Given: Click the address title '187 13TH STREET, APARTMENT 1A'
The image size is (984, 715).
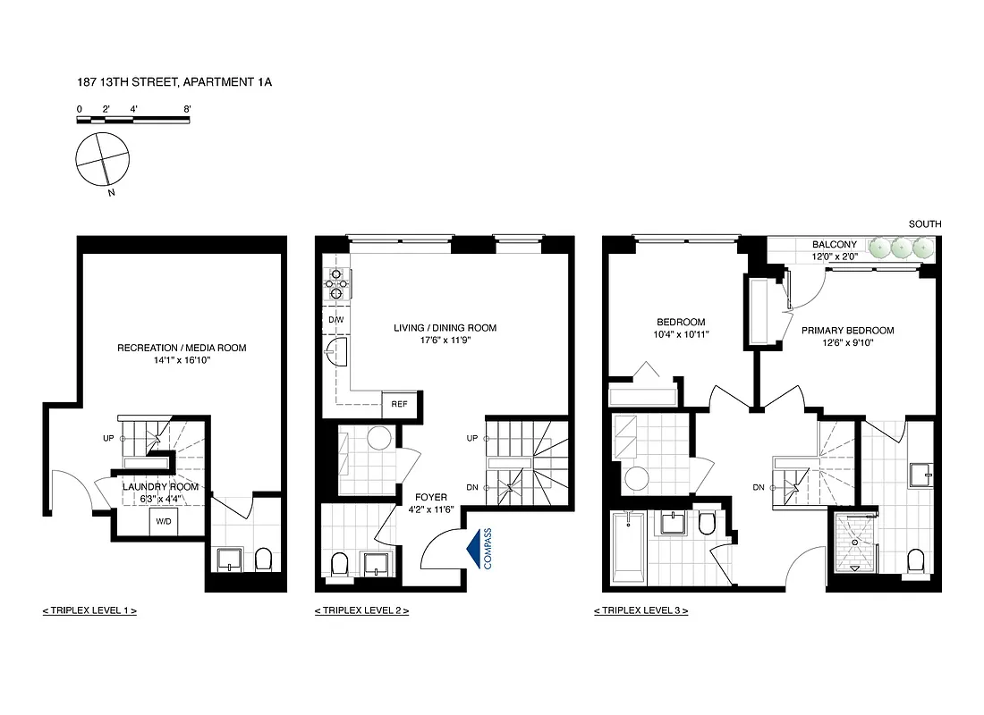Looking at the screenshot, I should pos(174,82).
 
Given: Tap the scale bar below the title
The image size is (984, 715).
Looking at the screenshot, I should pos(133,120).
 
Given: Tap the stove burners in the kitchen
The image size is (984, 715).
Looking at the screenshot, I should pos(335,282).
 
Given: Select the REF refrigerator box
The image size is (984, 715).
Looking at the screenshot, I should pos(399,404).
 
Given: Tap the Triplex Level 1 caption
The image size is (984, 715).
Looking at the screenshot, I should pos(89,610).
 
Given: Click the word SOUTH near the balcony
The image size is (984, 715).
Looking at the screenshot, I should pos(925,224).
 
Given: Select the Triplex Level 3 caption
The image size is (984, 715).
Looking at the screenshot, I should pos(640,610).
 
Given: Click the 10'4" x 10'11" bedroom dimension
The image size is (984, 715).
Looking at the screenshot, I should pos(681,335).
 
